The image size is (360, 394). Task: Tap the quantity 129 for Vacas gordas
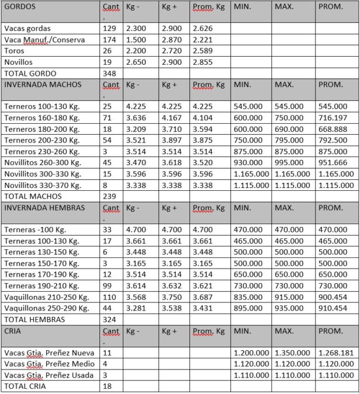109,29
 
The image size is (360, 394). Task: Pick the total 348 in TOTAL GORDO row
109,74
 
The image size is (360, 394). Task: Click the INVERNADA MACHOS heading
43,85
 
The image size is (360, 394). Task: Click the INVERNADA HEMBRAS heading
44,208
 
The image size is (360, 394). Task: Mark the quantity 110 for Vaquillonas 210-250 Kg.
109,297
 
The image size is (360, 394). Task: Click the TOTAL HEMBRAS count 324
109,320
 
